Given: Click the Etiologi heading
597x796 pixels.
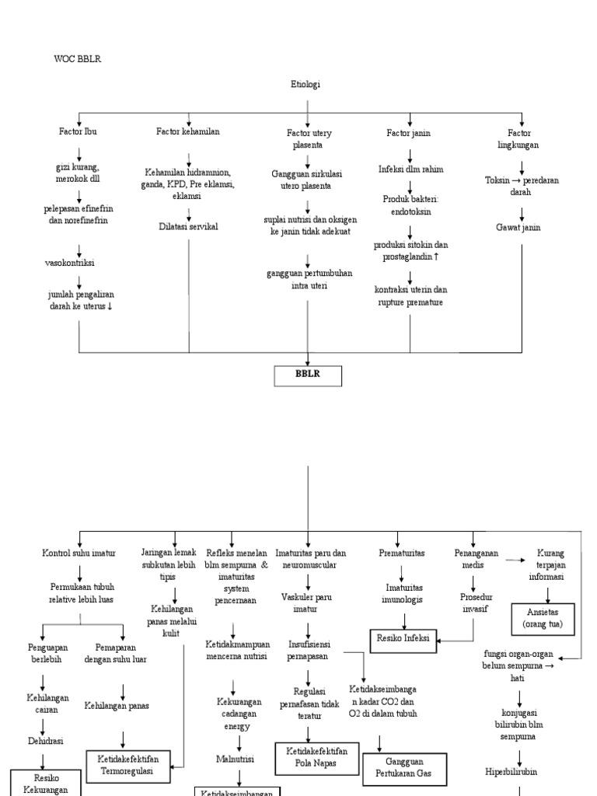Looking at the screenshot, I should (305, 84).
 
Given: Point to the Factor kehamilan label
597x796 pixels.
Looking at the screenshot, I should (188, 132).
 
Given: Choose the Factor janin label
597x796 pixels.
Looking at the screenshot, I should (409, 133).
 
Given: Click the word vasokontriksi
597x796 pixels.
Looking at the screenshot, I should (70, 263).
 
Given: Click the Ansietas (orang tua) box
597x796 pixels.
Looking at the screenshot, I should (542, 618).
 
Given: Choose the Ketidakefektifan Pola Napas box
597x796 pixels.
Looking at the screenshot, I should (311, 755).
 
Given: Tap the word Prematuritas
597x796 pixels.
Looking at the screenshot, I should (402, 553).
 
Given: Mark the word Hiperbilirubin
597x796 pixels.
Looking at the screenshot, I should (519, 772).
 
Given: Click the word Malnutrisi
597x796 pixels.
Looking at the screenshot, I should (239, 758).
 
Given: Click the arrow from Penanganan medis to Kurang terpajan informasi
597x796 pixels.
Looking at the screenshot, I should (513, 559).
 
